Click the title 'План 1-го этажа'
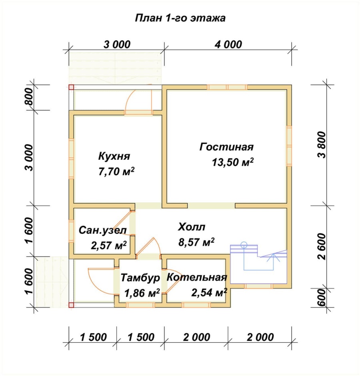[x=180, y=18]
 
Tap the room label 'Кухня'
[x=114, y=156]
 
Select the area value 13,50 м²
[x=233, y=162]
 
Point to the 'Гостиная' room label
[x=226, y=147]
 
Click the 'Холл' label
[x=191, y=227]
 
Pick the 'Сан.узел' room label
[x=103, y=230]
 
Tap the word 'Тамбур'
[x=140, y=278]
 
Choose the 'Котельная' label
[x=197, y=278]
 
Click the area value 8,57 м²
[x=196, y=242]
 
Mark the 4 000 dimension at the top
[x=228, y=45]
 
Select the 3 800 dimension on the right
[x=322, y=144]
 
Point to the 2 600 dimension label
[x=322, y=247]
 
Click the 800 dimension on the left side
[x=29, y=97]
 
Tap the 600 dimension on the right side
[x=322, y=297]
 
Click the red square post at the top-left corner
[x=71, y=87]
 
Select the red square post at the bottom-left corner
[x=71, y=305]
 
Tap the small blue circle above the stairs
[x=244, y=245]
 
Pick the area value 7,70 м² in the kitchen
[x=116, y=172]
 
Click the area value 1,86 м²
[x=142, y=293]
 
